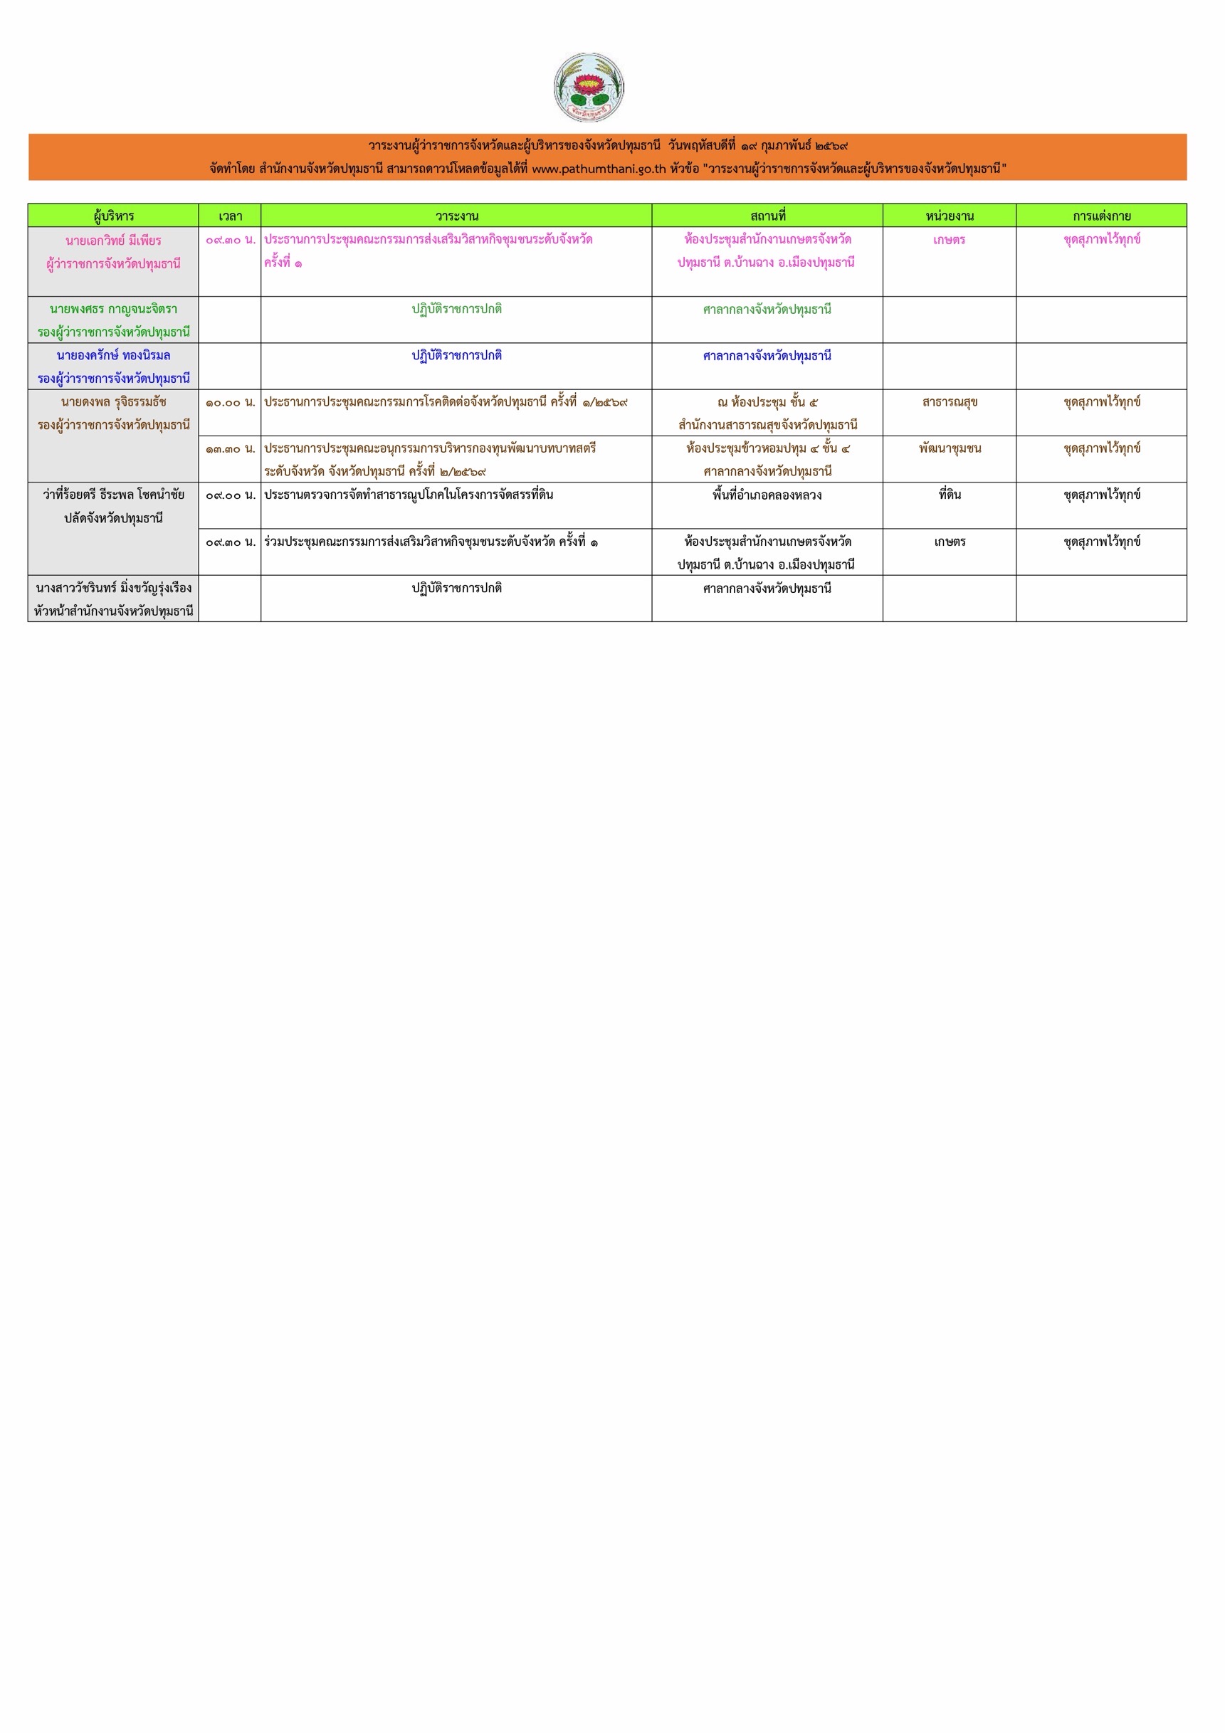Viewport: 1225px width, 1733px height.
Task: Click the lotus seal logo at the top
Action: point(589,88)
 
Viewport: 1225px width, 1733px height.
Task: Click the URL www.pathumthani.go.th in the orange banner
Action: point(599,169)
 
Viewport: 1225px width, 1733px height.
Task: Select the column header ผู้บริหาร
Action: point(113,216)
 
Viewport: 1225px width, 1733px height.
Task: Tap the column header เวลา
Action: point(230,216)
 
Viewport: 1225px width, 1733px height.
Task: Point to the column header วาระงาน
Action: point(457,216)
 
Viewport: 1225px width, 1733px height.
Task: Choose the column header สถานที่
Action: point(767,216)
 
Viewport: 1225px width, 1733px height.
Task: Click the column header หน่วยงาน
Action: point(950,216)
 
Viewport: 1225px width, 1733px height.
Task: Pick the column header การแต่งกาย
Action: point(1101,216)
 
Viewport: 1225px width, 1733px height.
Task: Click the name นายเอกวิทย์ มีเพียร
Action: point(113,241)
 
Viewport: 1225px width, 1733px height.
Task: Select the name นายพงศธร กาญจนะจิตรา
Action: point(113,310)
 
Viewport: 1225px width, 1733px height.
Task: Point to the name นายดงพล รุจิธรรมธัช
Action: point(113,402)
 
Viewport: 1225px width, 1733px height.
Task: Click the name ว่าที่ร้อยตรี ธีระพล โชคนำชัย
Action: point(113,495)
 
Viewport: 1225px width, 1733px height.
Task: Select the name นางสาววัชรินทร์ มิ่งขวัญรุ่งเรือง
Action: point(113,588)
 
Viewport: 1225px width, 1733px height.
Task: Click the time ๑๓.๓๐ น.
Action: point(230,449)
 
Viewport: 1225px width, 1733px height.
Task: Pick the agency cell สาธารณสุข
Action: point(950,402)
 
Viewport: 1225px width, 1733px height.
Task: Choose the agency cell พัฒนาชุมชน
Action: point(950,448)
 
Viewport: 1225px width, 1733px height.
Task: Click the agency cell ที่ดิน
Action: point(950,495)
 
